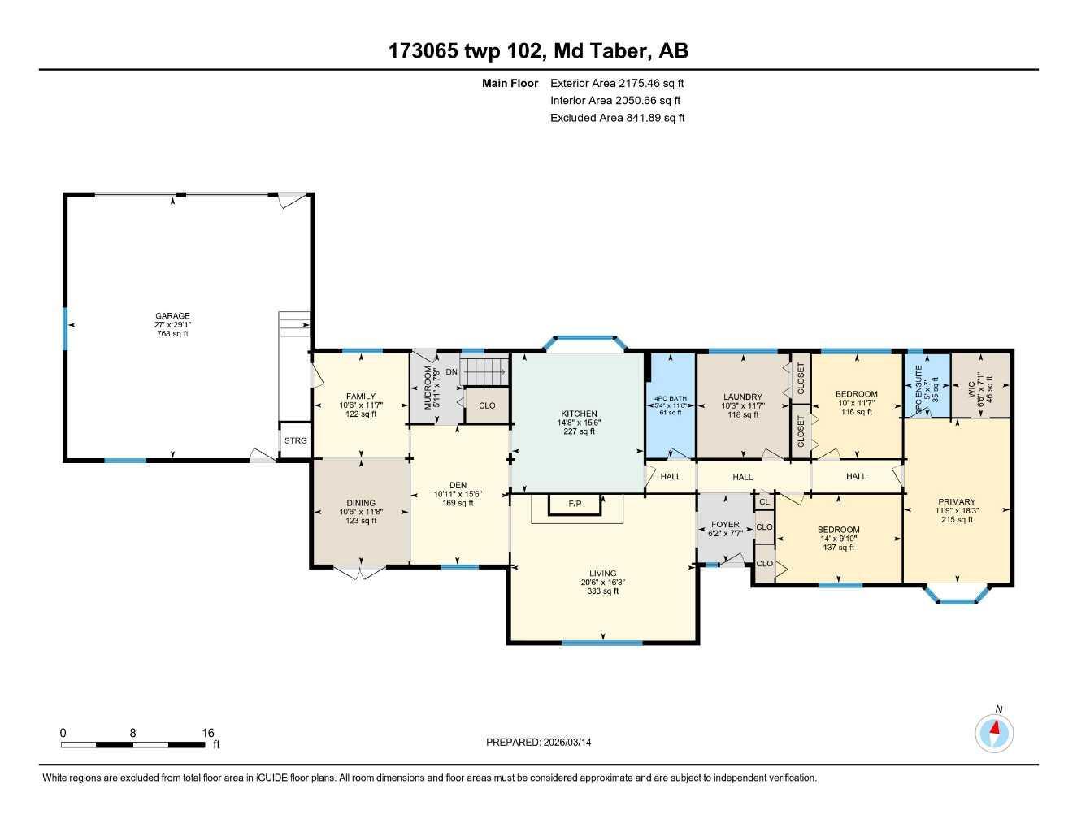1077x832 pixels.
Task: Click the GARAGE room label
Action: (x=172, y=316)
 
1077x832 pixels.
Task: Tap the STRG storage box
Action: (x=295, y=440)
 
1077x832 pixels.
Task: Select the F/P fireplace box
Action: (x=575, y=505)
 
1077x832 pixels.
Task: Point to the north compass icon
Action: (x=994, y=734)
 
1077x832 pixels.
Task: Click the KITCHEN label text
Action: (x=579, y=414)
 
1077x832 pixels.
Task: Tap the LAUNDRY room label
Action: (x=742, y=397)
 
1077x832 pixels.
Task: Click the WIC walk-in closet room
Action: (x=980, y=384)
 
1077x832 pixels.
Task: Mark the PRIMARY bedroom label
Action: (x=957, y=502)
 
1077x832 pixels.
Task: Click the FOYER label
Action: (x=725, y=525)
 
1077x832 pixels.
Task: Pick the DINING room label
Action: (x=361, y=503)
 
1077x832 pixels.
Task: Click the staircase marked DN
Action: (x=484, y=373)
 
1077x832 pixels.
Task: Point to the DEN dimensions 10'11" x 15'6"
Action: (x=458, y=494)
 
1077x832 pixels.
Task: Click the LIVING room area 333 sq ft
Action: (x=603, y=591)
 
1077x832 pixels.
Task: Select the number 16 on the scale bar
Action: (x=208, y=732)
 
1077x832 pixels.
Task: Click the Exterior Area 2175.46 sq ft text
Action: (x=611, y=83)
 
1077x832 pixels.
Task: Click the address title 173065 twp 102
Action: (x=467, y=51)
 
